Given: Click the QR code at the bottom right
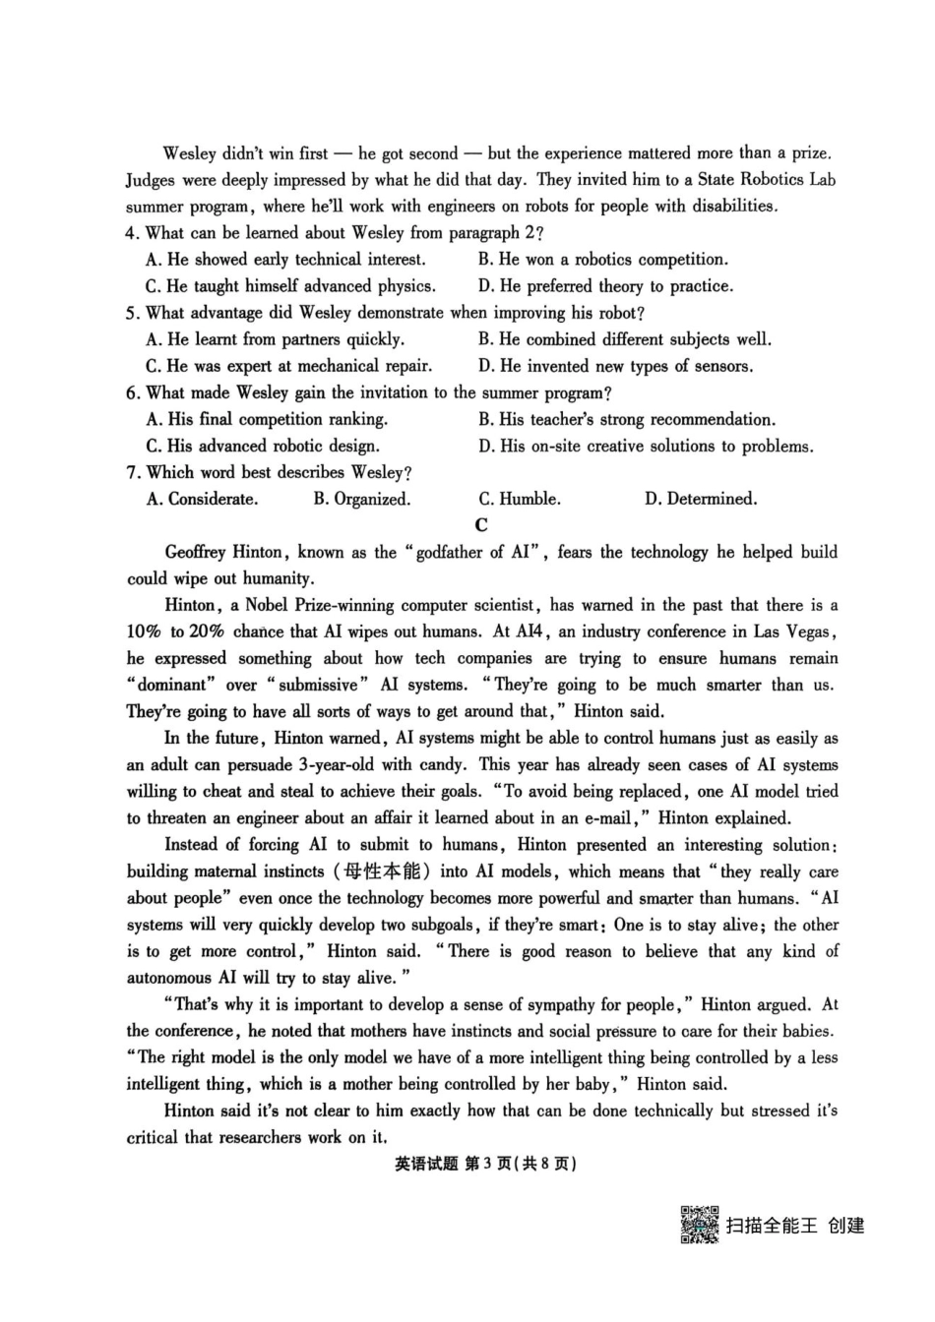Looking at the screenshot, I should click(699, 1224).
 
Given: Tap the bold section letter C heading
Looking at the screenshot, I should click(481, 525).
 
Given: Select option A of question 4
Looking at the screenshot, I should click(285, 260).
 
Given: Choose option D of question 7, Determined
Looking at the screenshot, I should click(701, 499).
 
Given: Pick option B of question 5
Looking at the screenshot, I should click(625, 339).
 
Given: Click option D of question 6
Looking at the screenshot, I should click(646, 446).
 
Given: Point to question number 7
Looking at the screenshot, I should click(134, 472).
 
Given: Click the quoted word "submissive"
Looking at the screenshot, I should click(318, 685).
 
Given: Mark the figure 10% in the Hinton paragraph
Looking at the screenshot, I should click(145, 631).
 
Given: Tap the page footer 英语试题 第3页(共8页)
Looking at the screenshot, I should click(484, 1164).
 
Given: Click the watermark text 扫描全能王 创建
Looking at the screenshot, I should click(794, 1226).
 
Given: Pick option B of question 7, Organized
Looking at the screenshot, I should click(361, 499).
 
